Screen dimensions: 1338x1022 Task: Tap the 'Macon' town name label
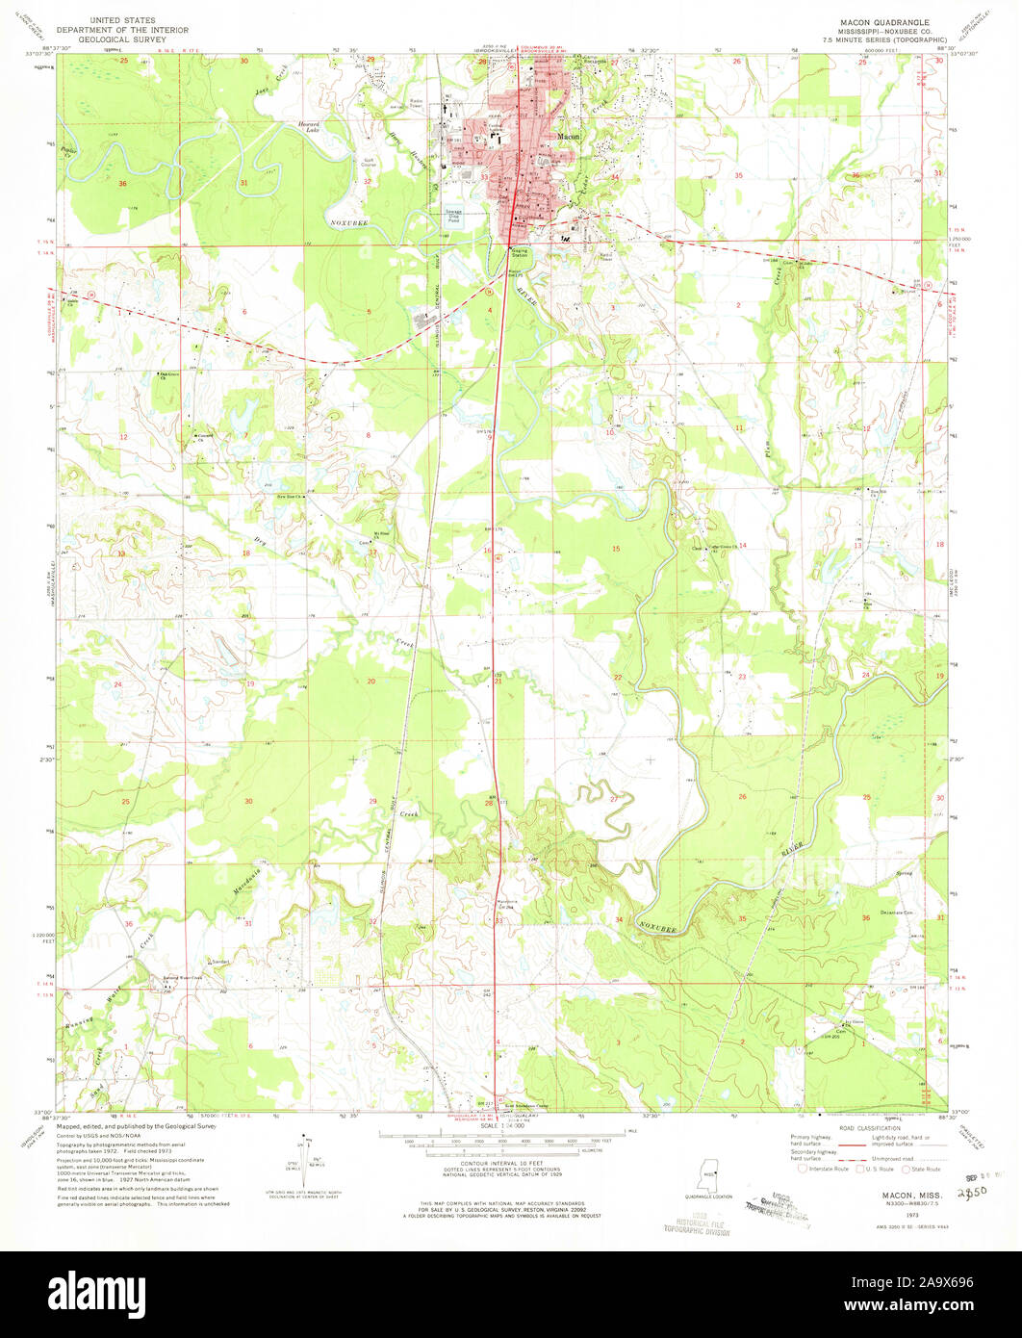click(568, 138)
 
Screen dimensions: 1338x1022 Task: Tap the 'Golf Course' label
click(369, 163)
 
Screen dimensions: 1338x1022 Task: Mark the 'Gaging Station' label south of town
click(520, 253)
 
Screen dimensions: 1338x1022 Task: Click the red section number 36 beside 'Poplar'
click(121, 183)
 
